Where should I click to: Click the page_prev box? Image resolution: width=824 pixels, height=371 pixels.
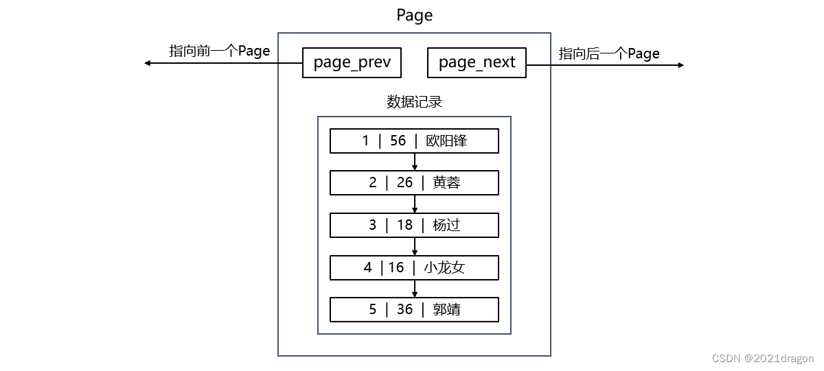[352, 62]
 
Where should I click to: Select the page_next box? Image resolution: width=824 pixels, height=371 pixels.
[477, 62]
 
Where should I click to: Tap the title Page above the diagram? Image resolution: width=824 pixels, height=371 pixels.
[414, 15]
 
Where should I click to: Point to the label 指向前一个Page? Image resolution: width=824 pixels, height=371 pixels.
[220, 51]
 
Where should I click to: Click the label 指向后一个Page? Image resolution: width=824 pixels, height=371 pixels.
[609, 53]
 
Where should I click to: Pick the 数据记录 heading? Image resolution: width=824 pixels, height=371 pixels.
[414, 102]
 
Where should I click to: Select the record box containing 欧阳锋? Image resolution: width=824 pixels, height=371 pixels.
[414, 141]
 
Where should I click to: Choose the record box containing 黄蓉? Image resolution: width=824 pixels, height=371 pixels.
[414, 182]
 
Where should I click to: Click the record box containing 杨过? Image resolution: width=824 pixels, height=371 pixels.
[414, 224]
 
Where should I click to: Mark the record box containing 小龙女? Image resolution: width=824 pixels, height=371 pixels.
[414, 267]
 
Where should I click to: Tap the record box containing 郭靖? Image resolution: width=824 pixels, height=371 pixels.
[414, 309]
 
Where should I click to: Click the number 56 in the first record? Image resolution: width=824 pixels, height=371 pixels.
[398, 141]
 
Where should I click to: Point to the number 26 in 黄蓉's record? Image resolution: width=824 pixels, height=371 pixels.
[404, 182]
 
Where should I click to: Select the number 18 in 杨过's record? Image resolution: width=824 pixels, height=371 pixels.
[404, 225]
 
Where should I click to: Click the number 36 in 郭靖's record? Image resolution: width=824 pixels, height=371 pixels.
[404, 309]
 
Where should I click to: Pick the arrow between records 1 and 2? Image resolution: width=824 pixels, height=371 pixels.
[414, 163]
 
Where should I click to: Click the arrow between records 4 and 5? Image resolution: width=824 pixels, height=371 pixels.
[414, 289]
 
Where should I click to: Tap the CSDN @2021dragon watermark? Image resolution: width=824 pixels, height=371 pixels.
[763, 359]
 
